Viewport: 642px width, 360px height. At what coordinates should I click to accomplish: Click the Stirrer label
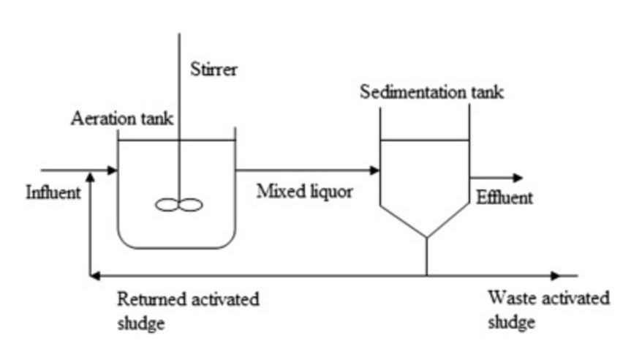(214, 70)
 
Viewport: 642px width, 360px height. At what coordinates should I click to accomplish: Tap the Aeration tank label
(121, 119)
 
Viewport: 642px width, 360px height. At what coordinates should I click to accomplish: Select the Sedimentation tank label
(431, 93)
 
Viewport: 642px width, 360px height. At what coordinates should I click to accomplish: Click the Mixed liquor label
(304, 192)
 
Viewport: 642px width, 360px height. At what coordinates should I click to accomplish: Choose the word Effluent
(505, 198)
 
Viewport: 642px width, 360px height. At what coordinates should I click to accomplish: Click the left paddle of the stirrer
(167, 206)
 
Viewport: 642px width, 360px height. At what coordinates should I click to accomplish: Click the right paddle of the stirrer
(190, 206)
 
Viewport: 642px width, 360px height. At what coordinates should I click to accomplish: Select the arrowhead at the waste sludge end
(556, 276)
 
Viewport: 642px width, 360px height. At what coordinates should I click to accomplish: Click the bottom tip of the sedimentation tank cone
(426, 237)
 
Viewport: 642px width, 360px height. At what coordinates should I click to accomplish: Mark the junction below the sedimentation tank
(426, 276)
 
